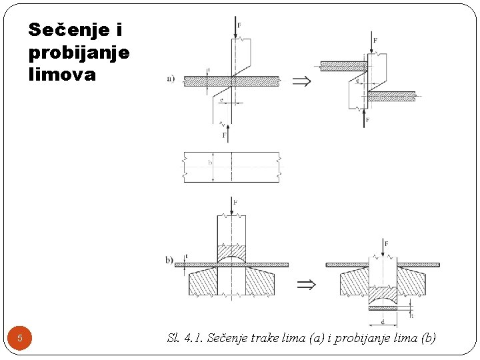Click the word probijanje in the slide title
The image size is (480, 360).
(79, 53)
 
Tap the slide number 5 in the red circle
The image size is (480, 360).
(20, 338)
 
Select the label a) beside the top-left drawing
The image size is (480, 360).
(171, 79)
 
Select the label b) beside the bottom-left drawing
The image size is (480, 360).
(170, 259)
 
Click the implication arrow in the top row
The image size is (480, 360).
(301, 81)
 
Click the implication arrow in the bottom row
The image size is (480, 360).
(305, 285)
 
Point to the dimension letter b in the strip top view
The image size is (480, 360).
(210, 163)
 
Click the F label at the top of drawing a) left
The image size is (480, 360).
(239, 25)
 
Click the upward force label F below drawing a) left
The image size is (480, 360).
(225, 135)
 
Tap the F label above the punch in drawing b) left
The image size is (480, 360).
(235, 202)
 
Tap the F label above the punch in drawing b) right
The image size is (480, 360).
(386, 244)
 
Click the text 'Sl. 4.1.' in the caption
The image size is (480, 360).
(185, 338)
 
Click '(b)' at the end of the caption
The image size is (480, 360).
(425, 338)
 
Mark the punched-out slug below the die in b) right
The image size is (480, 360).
(383, 309)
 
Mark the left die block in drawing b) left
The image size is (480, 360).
(203, 281)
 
